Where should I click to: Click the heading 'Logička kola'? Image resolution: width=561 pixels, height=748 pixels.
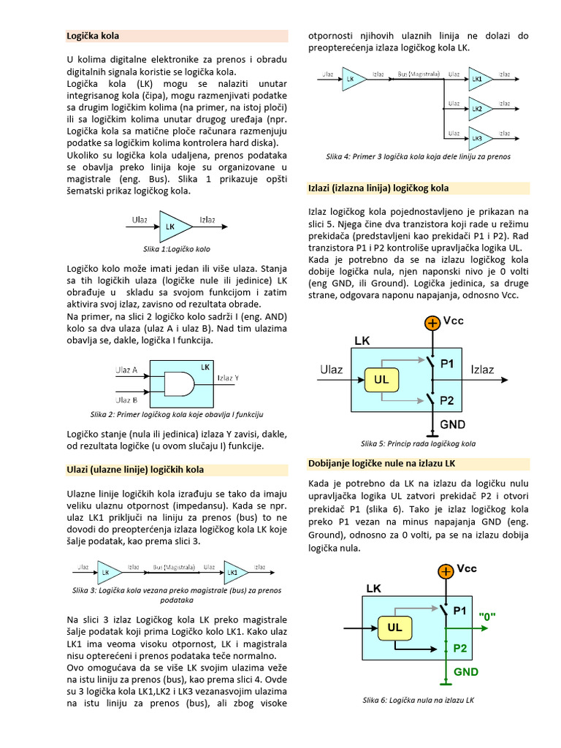(x=93, y=35)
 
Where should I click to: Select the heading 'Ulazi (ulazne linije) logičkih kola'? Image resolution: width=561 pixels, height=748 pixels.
(x=135, y=469)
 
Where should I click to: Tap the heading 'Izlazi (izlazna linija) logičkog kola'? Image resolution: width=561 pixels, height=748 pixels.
(x=378, y=188)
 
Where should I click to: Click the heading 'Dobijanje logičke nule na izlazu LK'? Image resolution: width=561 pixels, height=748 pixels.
(x=382, y=463)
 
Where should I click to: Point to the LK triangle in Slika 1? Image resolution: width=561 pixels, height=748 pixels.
(x=172, y=226)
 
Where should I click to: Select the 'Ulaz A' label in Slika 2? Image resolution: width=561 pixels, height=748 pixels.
(x=126, y=370)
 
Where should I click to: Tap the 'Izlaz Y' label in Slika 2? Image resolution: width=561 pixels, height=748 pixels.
(x=228, y=378)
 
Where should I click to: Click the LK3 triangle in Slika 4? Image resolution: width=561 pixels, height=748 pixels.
(x=477, y=137)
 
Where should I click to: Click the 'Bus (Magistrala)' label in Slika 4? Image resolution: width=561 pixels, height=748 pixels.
(x=418, y=74)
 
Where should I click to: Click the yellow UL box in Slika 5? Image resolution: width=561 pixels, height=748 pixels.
(x=381, y=380)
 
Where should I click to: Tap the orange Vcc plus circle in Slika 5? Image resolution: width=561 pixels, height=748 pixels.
(x=432, y=323)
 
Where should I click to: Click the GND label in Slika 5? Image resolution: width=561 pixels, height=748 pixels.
(x=452, y=424)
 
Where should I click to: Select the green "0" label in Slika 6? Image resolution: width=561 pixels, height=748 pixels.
(x=487, y=616)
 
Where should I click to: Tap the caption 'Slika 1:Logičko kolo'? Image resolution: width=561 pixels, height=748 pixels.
(x=177, y=249)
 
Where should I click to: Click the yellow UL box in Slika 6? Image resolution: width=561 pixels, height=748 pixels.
(x=395, y=627)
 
